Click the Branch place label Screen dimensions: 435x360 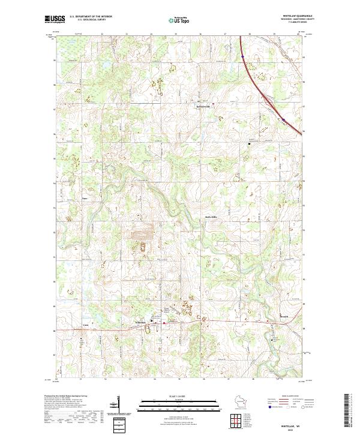(284, 316)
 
